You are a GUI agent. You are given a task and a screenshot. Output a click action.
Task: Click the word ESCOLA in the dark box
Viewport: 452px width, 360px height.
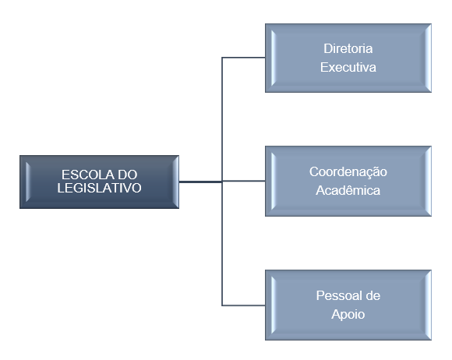83,175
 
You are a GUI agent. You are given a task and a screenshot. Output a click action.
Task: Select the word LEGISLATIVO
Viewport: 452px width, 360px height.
99,188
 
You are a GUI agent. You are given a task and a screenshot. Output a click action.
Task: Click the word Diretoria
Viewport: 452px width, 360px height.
348,48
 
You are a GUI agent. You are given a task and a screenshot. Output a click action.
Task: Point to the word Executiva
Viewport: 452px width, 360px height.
348,67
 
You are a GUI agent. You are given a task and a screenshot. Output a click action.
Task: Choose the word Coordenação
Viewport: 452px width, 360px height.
348,171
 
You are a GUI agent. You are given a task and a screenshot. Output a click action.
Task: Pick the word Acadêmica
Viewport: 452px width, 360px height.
348,190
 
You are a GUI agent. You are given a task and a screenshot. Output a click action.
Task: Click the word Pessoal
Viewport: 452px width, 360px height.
337,295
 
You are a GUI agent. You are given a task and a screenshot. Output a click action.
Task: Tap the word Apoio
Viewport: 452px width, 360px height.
348,315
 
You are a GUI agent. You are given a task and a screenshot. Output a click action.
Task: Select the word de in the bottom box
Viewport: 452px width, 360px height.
373,295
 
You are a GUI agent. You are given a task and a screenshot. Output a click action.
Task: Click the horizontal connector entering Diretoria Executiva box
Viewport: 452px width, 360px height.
244,58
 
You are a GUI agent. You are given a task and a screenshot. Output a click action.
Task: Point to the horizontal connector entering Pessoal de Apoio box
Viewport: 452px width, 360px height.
244,305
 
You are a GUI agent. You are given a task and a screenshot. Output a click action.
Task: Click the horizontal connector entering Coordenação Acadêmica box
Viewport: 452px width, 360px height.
244,181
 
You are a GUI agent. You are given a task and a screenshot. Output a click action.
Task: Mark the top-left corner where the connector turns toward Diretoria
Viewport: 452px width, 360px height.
222,58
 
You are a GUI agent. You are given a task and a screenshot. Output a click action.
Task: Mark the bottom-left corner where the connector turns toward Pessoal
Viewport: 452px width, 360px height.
222,305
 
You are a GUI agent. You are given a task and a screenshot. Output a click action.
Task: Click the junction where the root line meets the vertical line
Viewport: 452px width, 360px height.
222,182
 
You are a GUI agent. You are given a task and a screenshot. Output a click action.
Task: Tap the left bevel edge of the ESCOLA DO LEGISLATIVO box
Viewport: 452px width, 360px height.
23,182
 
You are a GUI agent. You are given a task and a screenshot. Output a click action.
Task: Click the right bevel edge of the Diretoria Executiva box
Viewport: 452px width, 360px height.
428,58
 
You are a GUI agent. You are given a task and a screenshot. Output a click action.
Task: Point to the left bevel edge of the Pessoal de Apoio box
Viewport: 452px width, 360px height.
269,305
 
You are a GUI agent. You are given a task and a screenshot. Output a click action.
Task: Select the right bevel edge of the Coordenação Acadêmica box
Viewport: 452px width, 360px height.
428,181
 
